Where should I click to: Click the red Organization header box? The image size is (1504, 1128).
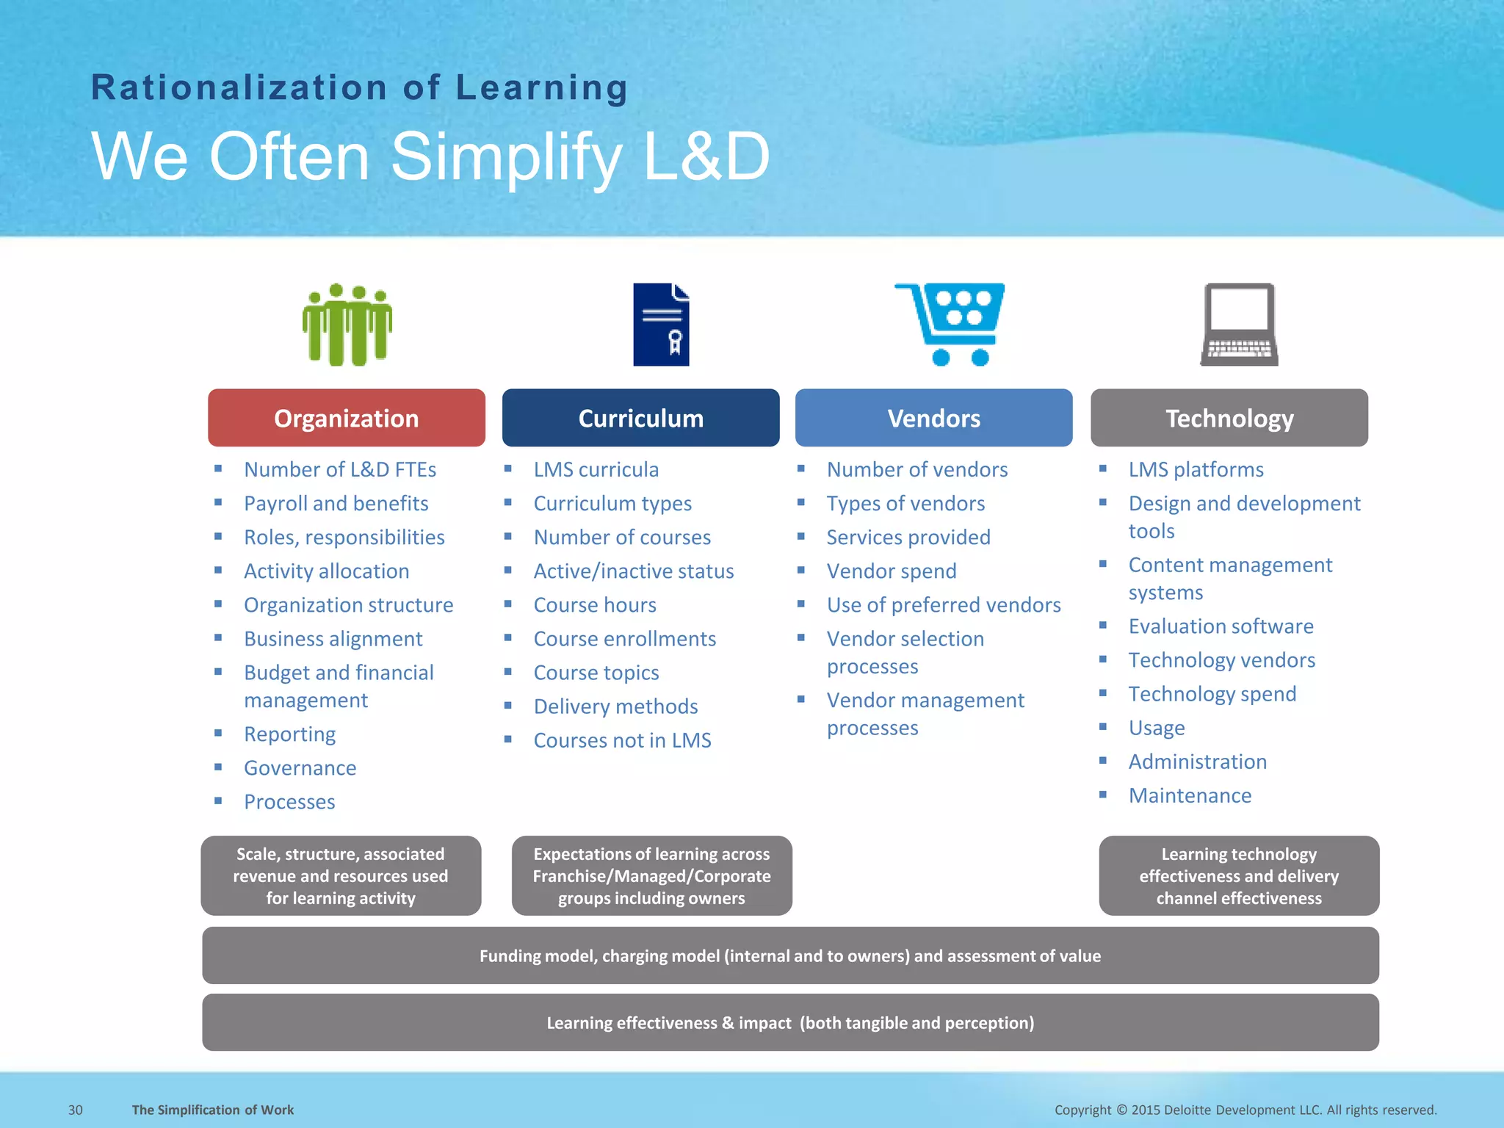pos(346,418)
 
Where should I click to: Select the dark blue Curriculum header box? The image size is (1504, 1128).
pos(640,418)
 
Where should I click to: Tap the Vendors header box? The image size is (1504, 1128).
pos(933,418)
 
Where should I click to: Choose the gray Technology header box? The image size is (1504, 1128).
pos(1229,418)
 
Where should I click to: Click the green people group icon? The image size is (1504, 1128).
pos(347,325)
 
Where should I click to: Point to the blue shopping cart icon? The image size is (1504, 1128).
pos(950,323)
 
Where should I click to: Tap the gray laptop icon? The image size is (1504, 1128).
pos(1239,325)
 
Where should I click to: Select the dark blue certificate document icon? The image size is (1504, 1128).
pos(661,325)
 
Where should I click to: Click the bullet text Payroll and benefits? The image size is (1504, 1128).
pos(336,504)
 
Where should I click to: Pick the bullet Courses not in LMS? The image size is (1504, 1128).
pos(622,740)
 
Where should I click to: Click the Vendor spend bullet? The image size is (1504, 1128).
pos(891,571)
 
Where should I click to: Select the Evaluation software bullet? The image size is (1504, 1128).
pos(1221,626)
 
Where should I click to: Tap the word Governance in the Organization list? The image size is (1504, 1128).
pos(300,768)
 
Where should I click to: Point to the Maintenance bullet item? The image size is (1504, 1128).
pos(1190,796)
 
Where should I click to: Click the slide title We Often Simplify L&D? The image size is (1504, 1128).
pos(430,156)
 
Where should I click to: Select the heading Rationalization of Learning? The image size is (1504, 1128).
pos(359,88)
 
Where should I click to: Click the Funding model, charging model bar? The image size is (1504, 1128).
pos(790,955)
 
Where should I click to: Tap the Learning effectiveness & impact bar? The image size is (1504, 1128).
pos(790,1022)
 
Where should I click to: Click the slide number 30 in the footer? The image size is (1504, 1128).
pos(76,1110)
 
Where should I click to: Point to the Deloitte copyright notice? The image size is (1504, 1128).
pos(1245,1110)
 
